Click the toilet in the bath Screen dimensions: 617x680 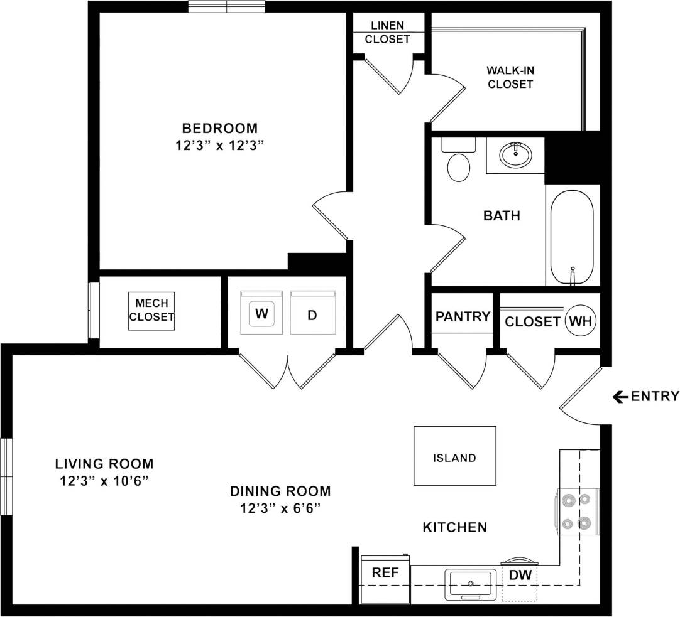(x=458, y=164)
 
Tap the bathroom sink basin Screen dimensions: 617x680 (x=515, y=154)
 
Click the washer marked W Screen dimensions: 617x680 (x=262, y=313)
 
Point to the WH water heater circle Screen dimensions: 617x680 (x=580, y=321)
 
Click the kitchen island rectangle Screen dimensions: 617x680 (x=454, y=456)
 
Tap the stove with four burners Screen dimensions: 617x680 (x=578, y=512)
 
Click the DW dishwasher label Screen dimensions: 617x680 (x=519, y=575)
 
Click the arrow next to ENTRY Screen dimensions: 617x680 (x=620, y=396)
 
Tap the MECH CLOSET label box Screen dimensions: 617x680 (x=151, y=311)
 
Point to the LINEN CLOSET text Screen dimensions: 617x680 (x=387, y=33)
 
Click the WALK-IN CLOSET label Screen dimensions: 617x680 (x=510, y=77)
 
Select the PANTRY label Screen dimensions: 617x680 (x=463, y=317)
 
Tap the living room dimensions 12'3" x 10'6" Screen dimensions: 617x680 (x=104, y=481)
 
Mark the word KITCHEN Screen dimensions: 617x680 (x=454, y=527)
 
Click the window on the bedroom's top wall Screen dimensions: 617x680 (x=226, y=7)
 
